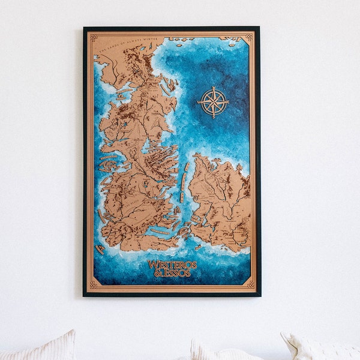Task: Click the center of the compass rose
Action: coord(214,102)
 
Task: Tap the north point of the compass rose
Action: coord(214,87)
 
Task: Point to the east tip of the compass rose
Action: coord(230,102)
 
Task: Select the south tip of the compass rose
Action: coord(214,118)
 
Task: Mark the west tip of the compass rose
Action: coord(199,102)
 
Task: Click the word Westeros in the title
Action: coord(172,264)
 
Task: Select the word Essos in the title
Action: coord(178,273)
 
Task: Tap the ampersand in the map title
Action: coord(158,273)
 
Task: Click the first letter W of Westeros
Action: coord(151,264)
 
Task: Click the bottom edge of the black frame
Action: coord(172,295)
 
